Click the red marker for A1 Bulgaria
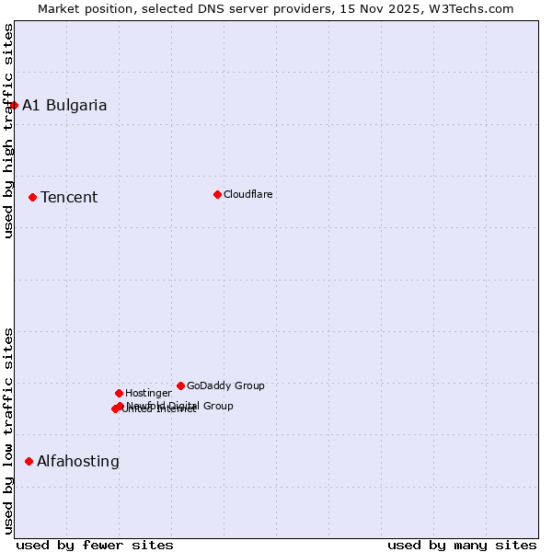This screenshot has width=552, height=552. [x=14, y=105]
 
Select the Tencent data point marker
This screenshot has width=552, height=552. [x=32, y=197]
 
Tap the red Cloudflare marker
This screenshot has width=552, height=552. [x=217, y=194]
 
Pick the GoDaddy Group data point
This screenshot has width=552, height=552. [x=180, y=385]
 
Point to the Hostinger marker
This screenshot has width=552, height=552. [x=119, y=393]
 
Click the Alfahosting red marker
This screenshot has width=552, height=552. [x=29, y=461]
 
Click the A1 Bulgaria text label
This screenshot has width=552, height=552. [x=64, y=105]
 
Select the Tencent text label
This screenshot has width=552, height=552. [x=69, y=197]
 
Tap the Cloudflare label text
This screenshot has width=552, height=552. [x=248, y=194]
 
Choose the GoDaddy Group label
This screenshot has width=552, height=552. [x=225, y=385]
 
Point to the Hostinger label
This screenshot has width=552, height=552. [x=148, y=393]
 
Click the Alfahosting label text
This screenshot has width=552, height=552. [x=78, y=461]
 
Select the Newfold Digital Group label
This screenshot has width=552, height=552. [x=180, y=405]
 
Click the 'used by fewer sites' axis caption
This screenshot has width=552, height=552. [x=95, y=545]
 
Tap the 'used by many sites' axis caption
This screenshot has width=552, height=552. [x=462, y=545]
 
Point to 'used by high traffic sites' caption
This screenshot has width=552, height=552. [x=8, y=131]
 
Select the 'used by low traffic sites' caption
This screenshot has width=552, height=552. [x=8, y=431]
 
